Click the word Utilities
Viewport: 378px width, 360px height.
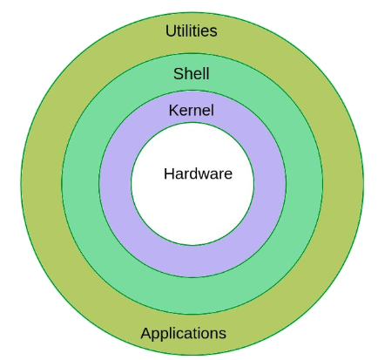pos(192,31)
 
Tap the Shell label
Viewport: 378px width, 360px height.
pos(192,73)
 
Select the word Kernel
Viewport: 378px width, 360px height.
pos(192,111)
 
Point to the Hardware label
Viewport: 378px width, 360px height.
pos(198,173)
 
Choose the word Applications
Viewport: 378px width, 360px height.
pos(184,333)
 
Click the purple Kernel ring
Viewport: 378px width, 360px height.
pos(116,184)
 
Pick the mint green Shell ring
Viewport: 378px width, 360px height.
pos(81,184)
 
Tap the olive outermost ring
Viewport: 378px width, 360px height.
pos(41,184)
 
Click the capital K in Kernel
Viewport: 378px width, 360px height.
pos(173,111)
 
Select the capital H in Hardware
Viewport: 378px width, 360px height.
pos(169,173)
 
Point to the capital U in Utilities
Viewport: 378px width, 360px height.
pos(171,31)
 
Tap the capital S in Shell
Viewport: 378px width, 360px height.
pos(179,74)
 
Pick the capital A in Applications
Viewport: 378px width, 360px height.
pos(145,333)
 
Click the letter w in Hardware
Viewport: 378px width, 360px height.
pos(206,175)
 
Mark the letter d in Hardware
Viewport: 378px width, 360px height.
pos(196,173)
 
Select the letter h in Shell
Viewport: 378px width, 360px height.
pos(188,73)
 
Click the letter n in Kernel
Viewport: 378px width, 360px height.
pos(195,112)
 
